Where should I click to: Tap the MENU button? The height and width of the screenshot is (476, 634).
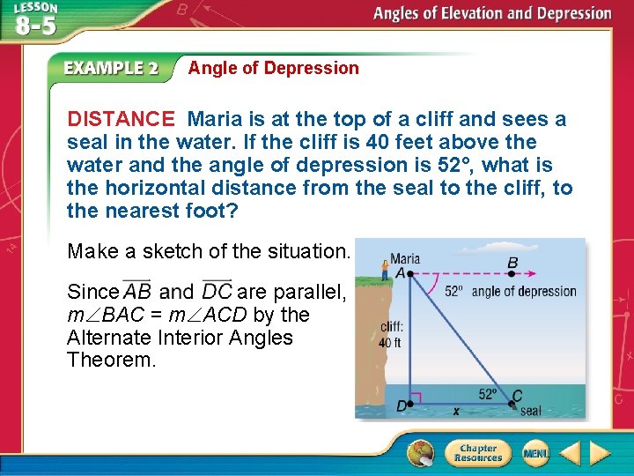point(534,453)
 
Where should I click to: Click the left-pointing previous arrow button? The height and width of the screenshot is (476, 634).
point(569,453)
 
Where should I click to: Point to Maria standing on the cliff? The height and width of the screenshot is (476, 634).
point(384,269)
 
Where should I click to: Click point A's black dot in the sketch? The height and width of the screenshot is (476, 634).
point(409,274)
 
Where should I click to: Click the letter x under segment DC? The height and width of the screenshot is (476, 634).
point(455,411)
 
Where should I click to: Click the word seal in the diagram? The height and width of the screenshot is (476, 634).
point(531,411)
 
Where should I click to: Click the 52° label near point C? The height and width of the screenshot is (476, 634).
point(487,394)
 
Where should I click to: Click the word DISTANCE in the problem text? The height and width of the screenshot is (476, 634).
point(122,119)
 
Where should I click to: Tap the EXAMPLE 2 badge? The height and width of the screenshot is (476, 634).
point(110,68)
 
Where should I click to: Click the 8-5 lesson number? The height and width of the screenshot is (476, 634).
point(34,26)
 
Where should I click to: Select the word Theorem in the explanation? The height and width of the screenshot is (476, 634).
point(111,361)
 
